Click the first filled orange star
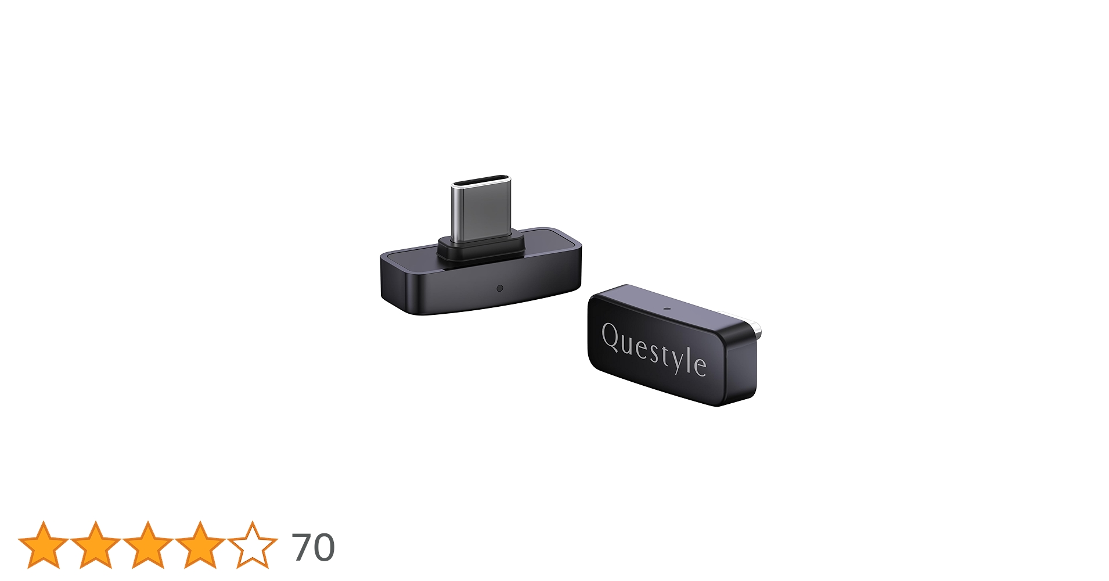point(43,545)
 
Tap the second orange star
point(95,545)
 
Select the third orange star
point(147,545)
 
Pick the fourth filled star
point(200,545)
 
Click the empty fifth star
point(252,545)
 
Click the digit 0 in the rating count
point(324,547)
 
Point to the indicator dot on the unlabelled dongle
point(499,288)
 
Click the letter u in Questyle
point(628,344)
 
